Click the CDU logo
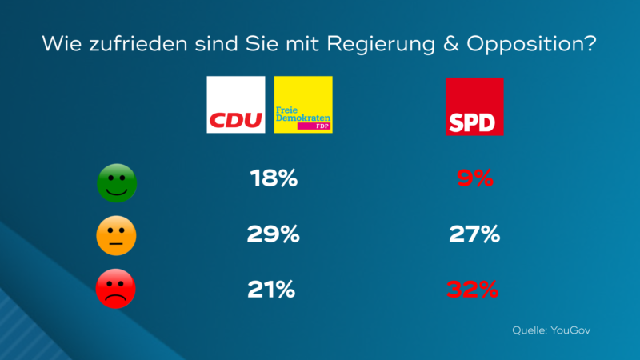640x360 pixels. [x=236, y=105]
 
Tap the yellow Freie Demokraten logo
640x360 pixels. [x=303, y=105]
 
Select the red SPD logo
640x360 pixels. [x=474, y=106]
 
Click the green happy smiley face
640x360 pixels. [x=117, y=183]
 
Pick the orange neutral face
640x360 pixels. [x=117, y=235]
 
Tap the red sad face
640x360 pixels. [x=117, y=290]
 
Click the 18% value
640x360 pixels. [x=275, y=178]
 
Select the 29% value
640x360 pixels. [x=274, y=234]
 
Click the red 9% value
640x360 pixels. [x=474, y=178]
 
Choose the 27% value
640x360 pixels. [x=474, y=234]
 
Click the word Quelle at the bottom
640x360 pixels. [x=529, y=330]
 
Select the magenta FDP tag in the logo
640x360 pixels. [x=313, y=126]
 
